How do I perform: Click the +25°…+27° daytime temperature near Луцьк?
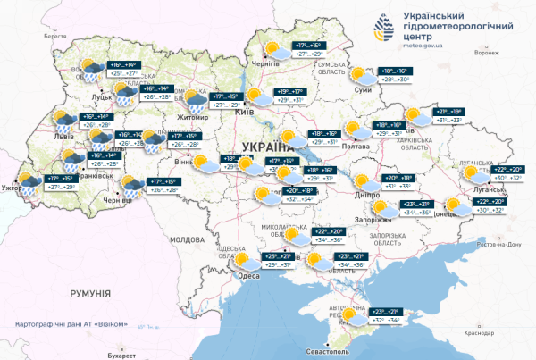tap(123, 74)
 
